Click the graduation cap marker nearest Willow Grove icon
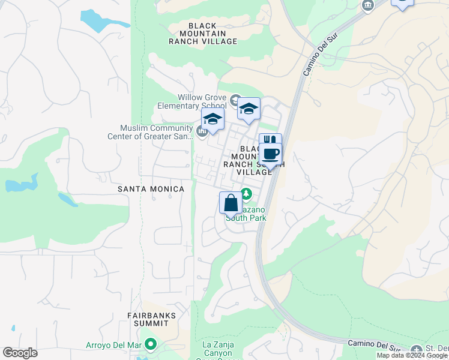pos(249,109)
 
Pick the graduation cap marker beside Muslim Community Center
pos(212,119)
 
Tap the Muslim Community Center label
pos(157,131)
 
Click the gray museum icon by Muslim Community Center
pos(202,131)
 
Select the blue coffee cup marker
pos(271,154)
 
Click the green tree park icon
pos(246,194)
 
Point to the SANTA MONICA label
pos(151,189)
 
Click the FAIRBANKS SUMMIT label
pos(151,319)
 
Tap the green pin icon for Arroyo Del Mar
pos(151,344)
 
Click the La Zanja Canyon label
pos(216,349)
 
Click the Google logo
pos(20,353)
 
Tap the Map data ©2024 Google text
pos(411,355)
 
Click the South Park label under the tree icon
pos(246,218)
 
